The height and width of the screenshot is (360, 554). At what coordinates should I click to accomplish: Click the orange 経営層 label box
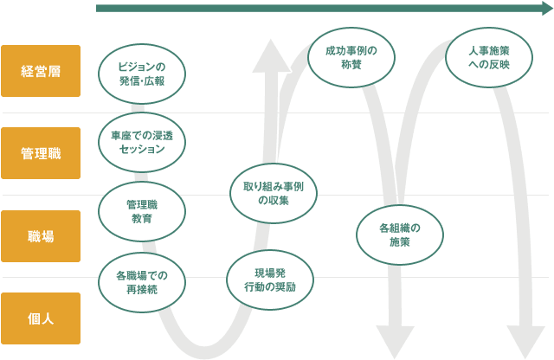tap(41, 71)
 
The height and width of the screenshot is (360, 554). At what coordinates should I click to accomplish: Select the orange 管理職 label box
tap(41, 153)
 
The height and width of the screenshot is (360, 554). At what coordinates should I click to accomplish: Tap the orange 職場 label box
tap(41, 235)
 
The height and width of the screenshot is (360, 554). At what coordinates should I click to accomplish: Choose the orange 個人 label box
tap(41, 318)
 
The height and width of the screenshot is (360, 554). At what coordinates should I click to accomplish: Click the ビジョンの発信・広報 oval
tap(142, 73)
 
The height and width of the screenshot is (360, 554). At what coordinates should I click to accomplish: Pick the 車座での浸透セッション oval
tap(142, 142)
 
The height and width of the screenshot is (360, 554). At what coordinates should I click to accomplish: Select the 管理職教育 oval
tap(142, 211)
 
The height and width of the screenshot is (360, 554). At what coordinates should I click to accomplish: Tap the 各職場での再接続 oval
tap(142, 282)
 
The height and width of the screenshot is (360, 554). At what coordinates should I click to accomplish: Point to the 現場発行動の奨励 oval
tap(270, 280)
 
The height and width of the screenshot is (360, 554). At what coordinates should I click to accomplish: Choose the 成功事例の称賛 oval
tap(350, 57)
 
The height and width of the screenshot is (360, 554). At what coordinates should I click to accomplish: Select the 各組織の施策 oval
tap(400, 235)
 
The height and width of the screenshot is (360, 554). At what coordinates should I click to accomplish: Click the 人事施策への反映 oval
tap(488, 57)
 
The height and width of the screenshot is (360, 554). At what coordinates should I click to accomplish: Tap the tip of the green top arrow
tap(545, 9)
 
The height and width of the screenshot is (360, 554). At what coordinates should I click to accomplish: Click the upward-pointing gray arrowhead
tap(273, 56)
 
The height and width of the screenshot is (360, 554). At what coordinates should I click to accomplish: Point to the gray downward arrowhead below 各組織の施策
tap(394, 339)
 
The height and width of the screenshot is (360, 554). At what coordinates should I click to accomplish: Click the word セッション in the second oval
tap(142, 149)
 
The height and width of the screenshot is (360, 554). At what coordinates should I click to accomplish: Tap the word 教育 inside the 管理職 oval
tap(142, 219)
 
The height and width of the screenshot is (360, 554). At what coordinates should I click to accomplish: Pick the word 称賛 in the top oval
tap(350, 65)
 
